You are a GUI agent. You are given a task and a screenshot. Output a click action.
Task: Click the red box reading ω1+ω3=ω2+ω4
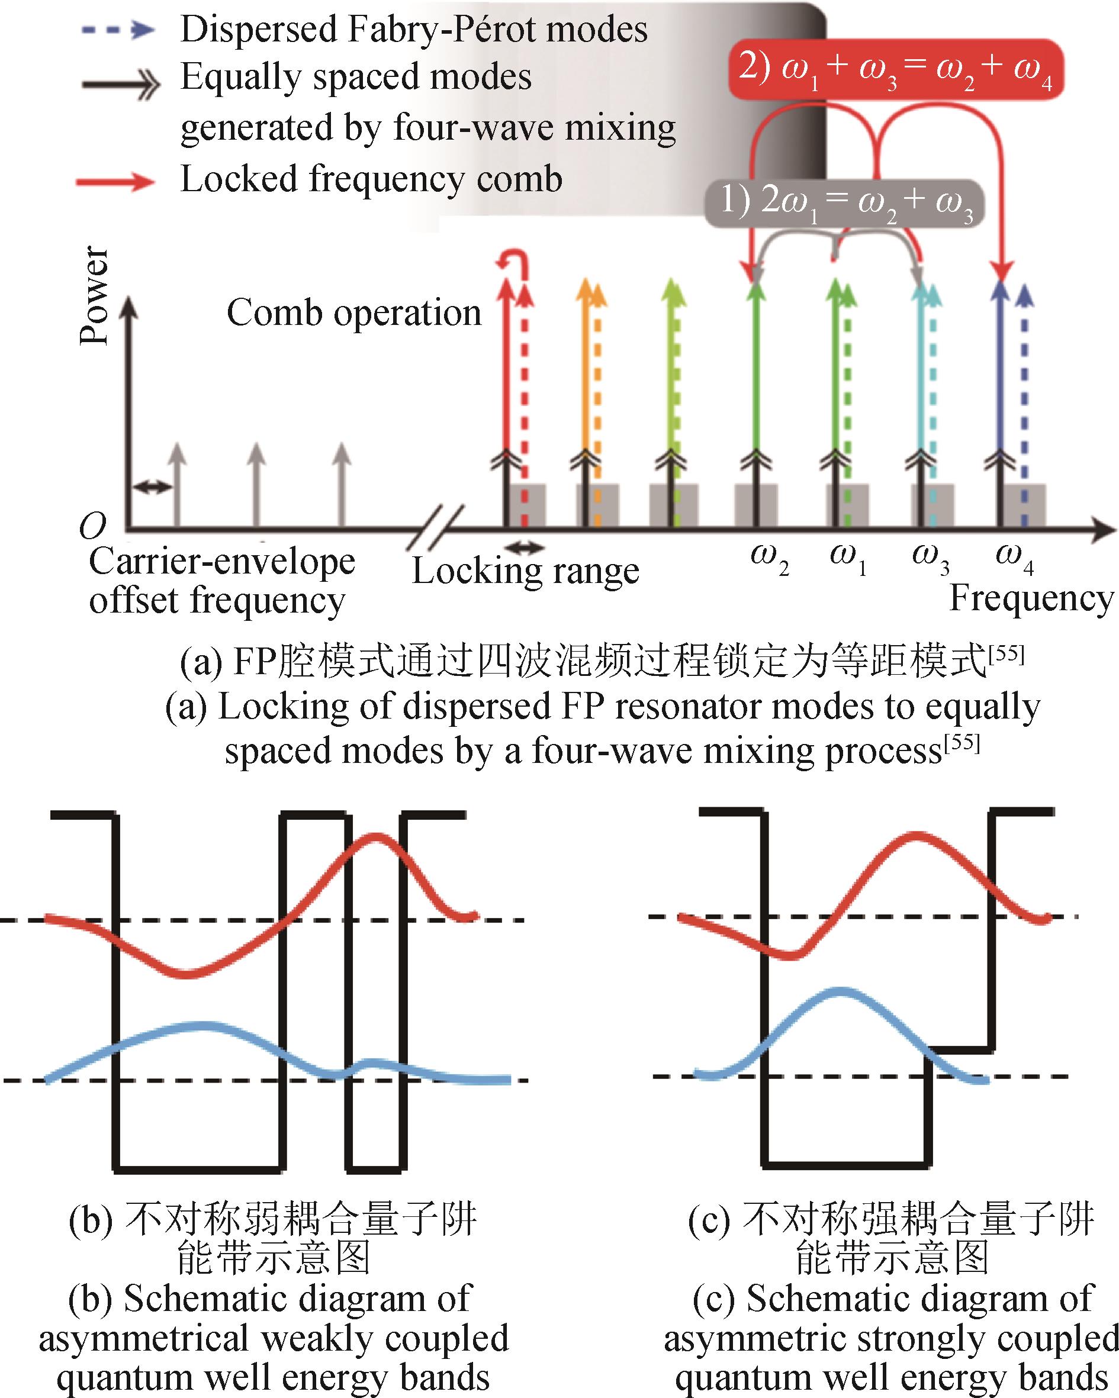point(896,69)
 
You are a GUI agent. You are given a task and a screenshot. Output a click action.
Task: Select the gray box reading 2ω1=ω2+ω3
point(845,203)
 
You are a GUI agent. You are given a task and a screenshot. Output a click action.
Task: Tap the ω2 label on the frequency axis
point(769,559)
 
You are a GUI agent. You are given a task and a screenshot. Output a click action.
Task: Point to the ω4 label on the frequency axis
point(1015,559)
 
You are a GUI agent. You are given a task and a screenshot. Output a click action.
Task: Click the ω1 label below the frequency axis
point(848,559)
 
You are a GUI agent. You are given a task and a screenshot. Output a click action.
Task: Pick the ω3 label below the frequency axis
point(930,559)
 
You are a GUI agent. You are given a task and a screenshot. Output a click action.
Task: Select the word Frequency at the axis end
point(1032,598)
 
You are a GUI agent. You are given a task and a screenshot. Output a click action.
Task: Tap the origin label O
point(92,527)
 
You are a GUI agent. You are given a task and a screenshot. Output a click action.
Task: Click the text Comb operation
point(354,313)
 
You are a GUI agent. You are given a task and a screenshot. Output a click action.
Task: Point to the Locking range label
point(525,571)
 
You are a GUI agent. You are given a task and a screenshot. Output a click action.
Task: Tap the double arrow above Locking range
point(525,549)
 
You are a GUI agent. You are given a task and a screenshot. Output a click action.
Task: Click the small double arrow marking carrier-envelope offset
point(152,487)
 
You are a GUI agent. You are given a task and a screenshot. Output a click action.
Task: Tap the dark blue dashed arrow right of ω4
point(1024,407)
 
